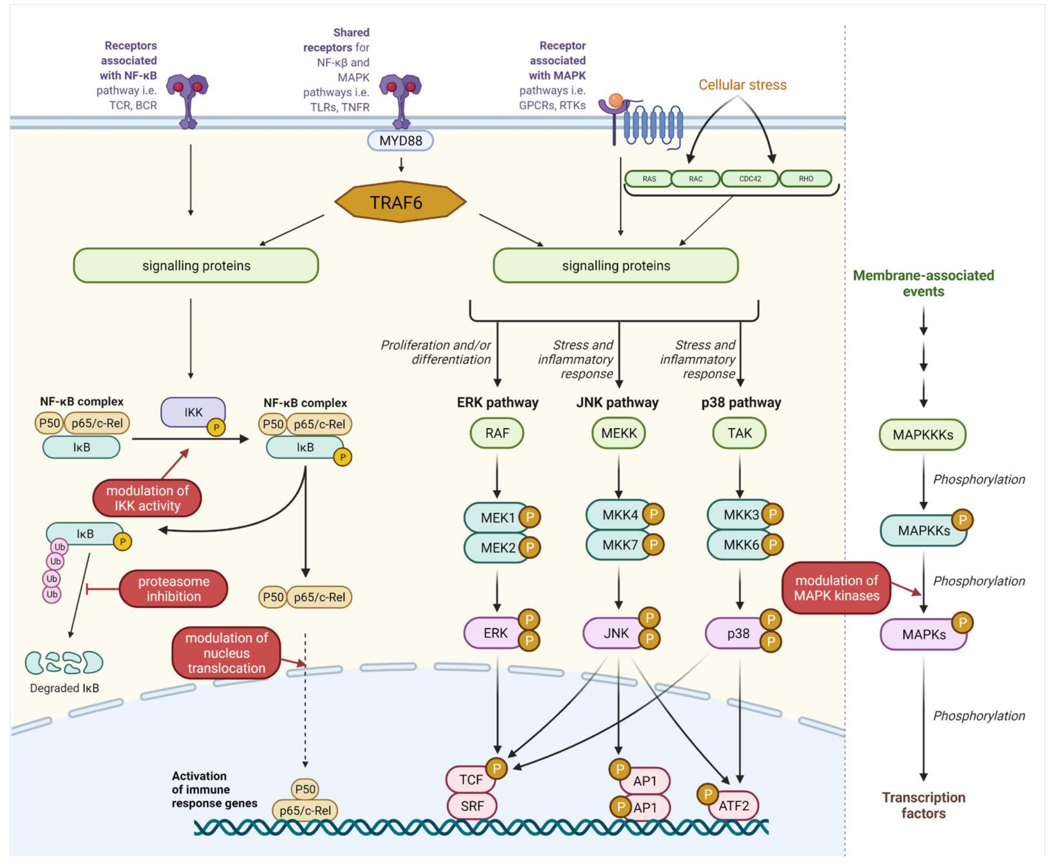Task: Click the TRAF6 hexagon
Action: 400,201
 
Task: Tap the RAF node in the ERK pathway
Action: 497,433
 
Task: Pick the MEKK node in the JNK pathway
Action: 619,433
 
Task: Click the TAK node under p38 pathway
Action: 739,433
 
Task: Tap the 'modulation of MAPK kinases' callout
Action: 837,588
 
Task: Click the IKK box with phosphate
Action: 193,413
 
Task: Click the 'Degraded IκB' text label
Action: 65,688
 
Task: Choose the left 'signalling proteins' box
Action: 196,266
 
